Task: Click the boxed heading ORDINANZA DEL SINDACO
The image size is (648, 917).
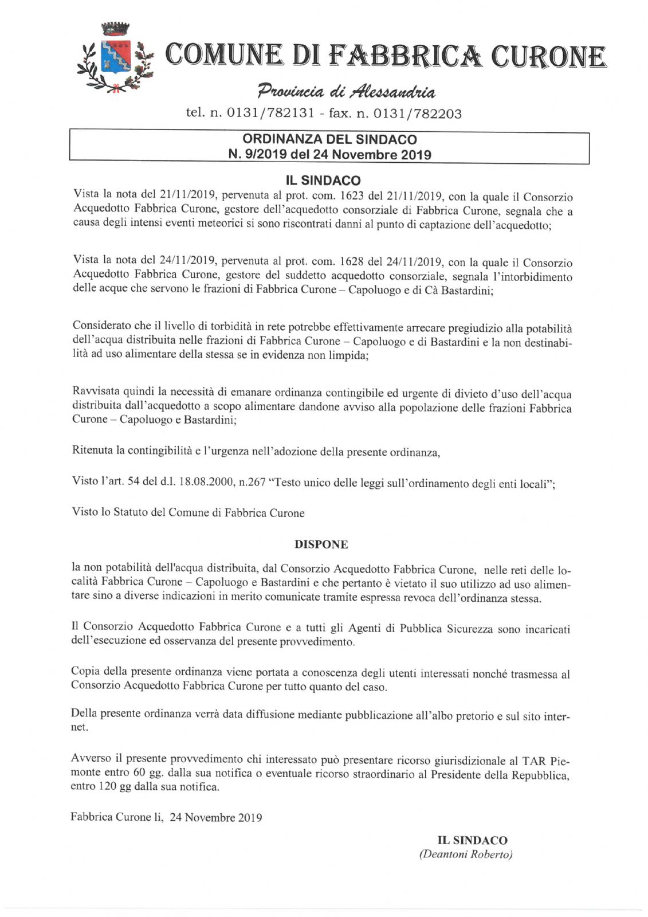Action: [x=329, y=139]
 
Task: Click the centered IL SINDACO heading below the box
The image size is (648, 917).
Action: [x=323, y=181]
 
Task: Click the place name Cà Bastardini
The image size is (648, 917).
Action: [x=455, y=289]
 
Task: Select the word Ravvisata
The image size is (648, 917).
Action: [x=95, y=394]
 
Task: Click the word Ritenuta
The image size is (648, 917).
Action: [x=92, y=450]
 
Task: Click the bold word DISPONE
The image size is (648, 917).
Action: [x=321, y=544]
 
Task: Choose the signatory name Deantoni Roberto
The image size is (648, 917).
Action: [x=466, y=855]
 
